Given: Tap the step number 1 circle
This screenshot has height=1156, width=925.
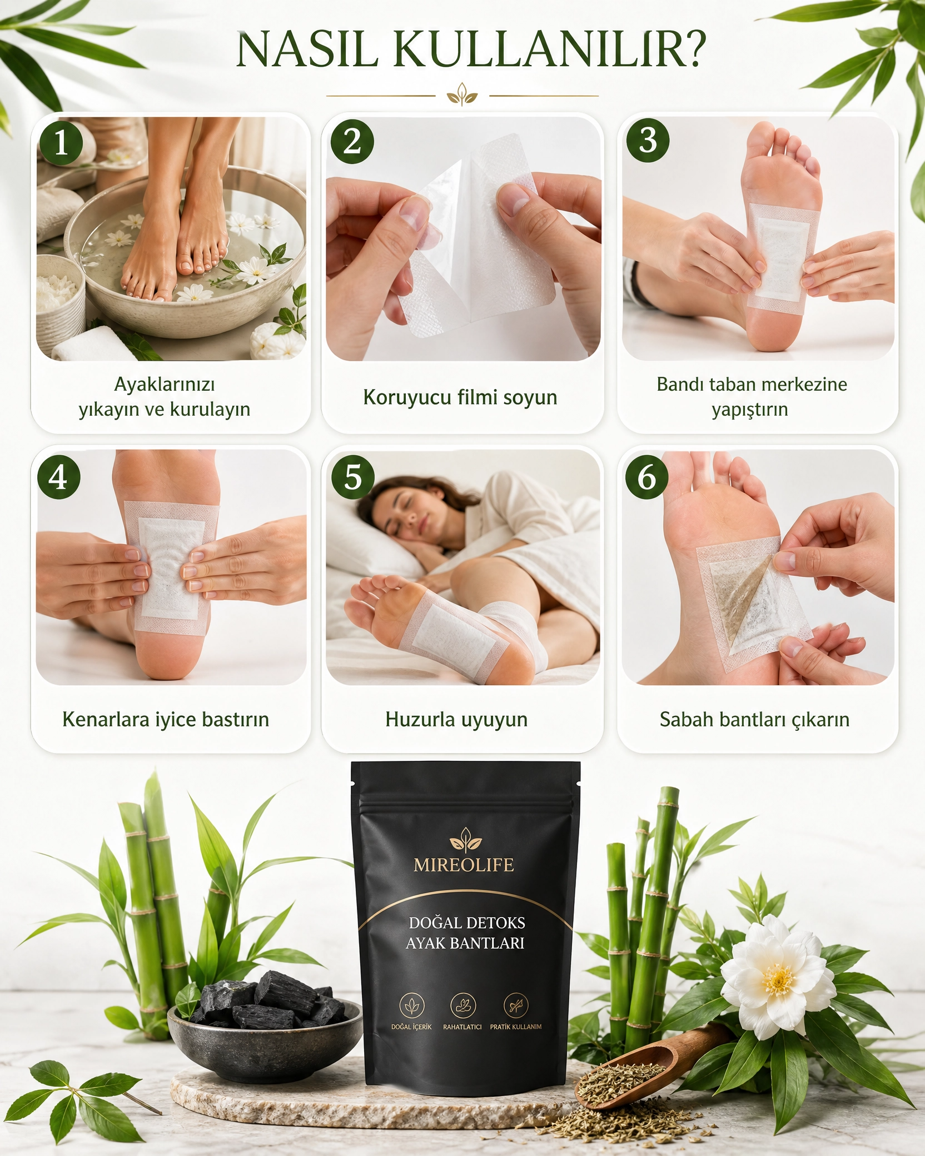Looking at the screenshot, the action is (x=61, y=143).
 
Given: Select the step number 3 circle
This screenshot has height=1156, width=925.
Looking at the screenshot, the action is (x=648, y=141).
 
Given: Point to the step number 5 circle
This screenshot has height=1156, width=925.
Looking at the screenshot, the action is (x=352, y=477).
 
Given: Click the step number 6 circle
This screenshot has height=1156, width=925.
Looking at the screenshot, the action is (x=646, y=477).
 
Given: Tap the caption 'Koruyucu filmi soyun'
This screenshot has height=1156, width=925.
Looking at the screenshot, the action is (x=460, y=397).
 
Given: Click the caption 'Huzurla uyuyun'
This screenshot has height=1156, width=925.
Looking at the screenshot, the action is (x=456, y=720).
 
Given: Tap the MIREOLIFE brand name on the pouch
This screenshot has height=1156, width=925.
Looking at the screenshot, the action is (x=464, y=865).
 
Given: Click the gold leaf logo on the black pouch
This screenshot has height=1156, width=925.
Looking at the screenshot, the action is (x=466, y=840).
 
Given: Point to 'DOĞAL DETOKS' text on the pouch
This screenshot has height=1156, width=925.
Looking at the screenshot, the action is (x=467, y=922).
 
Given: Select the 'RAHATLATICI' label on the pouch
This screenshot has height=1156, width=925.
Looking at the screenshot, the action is (x=462, y=1027).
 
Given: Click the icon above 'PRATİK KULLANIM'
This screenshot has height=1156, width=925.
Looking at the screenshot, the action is (x=516, y=1005).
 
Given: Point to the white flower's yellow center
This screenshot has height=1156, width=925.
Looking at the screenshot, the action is (x=779, y=980).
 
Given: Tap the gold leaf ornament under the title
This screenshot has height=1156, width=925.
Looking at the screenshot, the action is (x=462, y=94).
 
